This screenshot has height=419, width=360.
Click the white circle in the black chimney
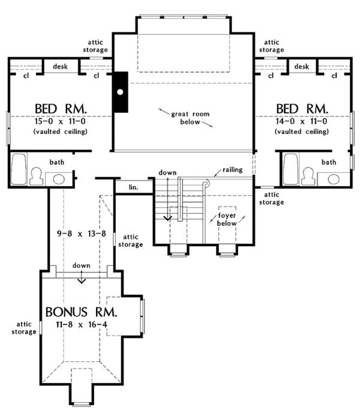tap(120, 92)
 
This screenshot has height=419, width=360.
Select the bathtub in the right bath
tap(291, 169)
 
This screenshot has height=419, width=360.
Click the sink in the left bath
tap(59, 179)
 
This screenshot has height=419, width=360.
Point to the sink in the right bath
tap(334, 179)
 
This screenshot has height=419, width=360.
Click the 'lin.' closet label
tap(134, 187)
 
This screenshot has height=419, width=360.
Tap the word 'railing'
tap(233, 170)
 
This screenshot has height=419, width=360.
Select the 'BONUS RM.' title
tap(81, 312)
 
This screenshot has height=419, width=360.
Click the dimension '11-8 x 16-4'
tap(82, 324)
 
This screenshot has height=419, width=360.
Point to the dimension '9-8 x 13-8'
tap(82, 234)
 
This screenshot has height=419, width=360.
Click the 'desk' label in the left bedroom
tap(61, 66)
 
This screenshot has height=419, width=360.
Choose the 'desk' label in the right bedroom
tap(302, 66)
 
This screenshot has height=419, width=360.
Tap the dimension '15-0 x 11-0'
tap(60, 121)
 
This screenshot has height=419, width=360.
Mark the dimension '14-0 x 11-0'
tap(302, 121)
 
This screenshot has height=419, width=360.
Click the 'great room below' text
tap(190, 118)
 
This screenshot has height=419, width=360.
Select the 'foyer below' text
tap(227, 219)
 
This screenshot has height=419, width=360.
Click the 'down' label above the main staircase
tap(167, 173)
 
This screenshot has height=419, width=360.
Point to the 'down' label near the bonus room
tap(81, 265)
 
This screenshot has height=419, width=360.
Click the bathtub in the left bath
tap(19, 169)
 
